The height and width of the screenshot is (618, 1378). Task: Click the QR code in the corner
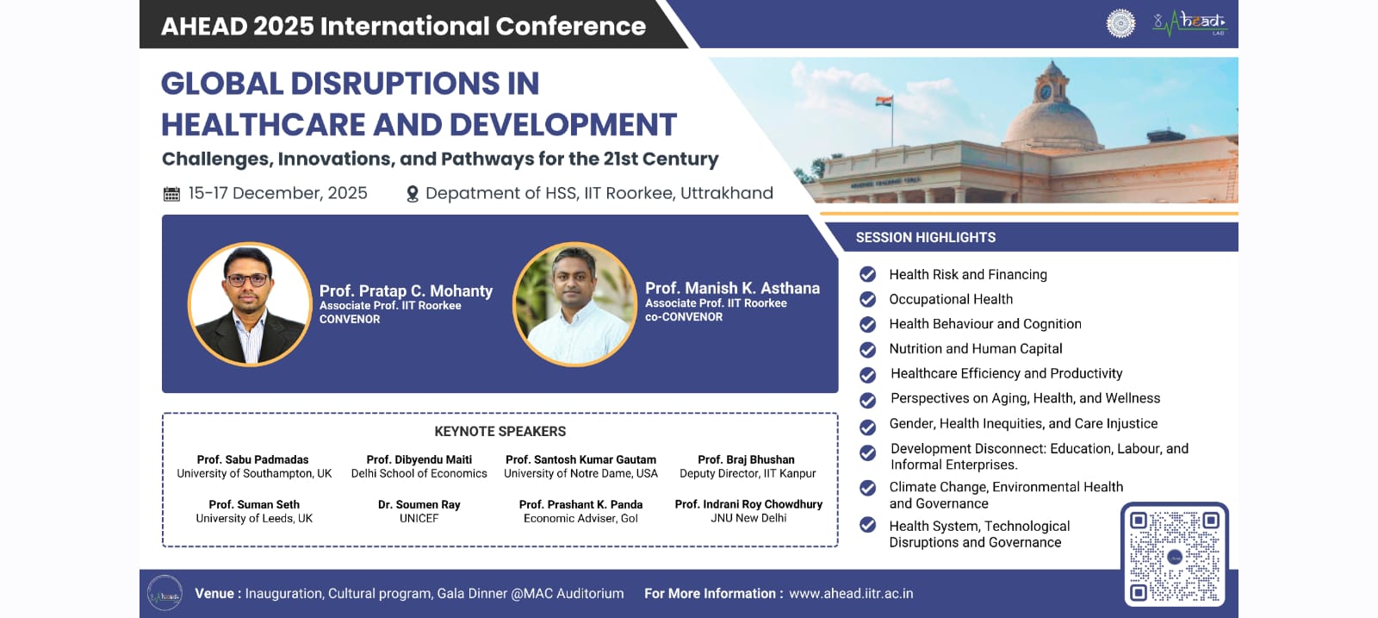[1175, 557]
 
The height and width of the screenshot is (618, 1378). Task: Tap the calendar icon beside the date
[171, 194]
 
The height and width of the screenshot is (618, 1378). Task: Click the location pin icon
[413, 195]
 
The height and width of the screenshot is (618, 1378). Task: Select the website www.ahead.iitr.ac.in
[851, 593]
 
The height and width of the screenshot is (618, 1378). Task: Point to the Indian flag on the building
[884, 101]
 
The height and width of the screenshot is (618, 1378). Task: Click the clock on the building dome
[1046, 92]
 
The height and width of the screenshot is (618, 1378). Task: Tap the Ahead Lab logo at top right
[1189, 23]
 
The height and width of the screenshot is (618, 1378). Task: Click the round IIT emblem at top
[1120, 23]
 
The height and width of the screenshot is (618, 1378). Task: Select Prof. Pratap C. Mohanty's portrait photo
[250, 304]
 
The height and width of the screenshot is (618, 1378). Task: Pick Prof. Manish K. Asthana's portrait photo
[574, 304]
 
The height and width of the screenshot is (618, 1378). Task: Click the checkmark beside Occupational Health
[867, 299]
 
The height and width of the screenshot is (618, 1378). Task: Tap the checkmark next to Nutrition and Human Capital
[867, 350]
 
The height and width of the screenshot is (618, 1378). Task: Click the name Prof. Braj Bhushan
[746, 459]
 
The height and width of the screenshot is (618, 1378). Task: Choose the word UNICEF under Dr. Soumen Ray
[419, 518]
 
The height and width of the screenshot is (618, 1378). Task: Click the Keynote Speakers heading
[500, 432]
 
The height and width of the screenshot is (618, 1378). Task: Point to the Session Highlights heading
[925, 238]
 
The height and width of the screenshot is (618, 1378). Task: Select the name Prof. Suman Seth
[254, 505]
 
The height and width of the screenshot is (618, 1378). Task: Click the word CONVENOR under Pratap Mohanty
[350, 320]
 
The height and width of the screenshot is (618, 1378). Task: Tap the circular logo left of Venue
[164, 593]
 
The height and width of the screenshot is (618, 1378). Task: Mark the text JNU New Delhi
[748, 518]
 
